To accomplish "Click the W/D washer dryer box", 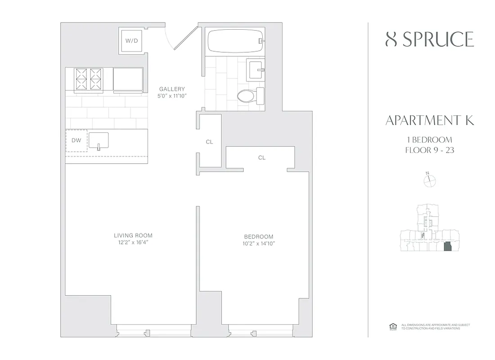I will pos(131,41).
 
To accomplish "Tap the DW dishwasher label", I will pos(76,140).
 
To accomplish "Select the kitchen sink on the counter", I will pos(99,140).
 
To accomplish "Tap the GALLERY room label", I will pos(171,89).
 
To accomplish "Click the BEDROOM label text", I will pos(258,237).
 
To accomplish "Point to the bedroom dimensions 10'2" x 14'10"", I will pos(258,244).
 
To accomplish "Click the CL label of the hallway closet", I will pos(209,142).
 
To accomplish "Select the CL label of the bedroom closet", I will pos(262,158).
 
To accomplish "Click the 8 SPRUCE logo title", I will pos(430,40).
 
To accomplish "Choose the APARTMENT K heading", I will pos(430,121).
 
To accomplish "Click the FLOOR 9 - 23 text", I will pos(430,151).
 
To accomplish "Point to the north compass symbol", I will pos(430,180).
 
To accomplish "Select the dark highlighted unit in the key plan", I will pos(447,247).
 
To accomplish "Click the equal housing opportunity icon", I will pos(391,326).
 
